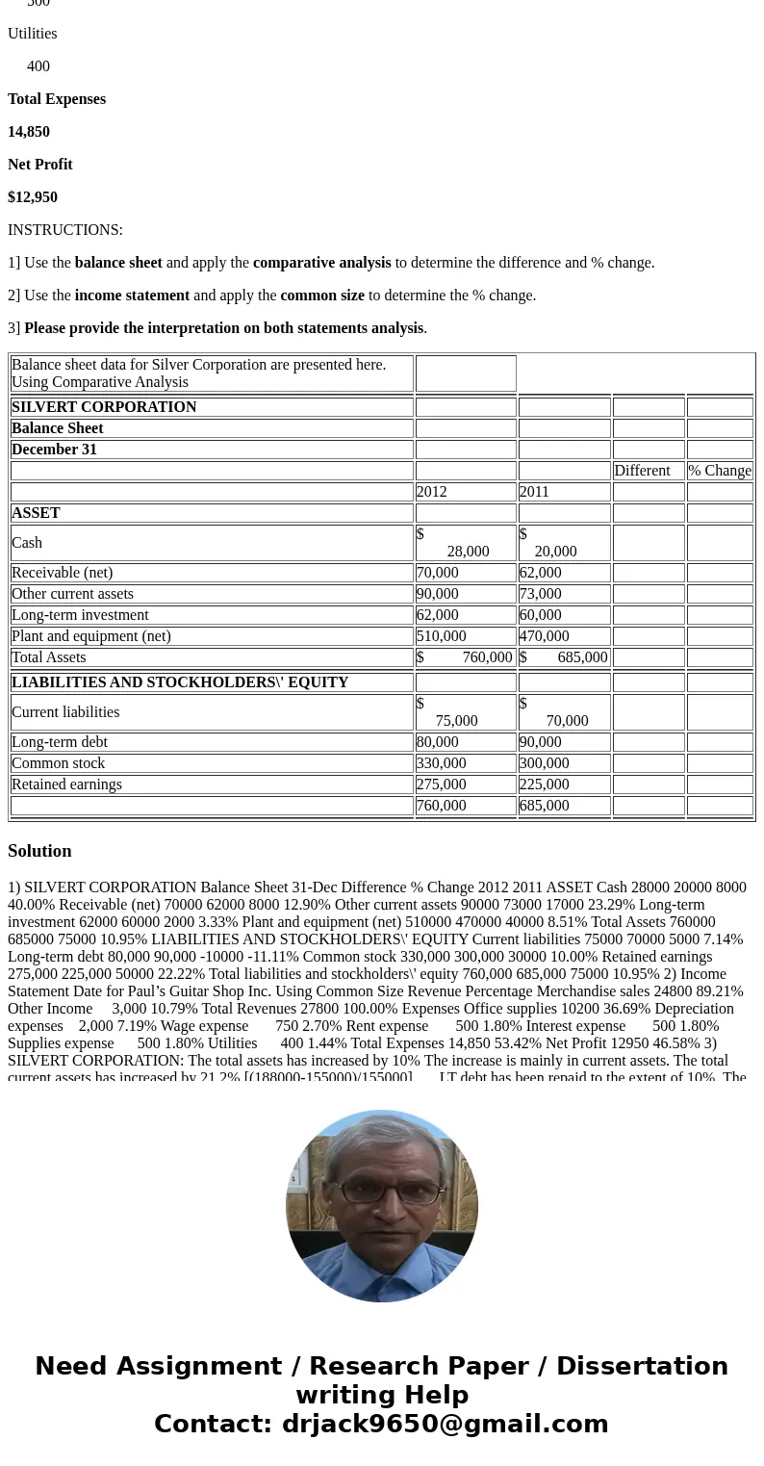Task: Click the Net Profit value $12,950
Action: click(x=33, y=197)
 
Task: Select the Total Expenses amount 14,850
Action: click(x=29, y=132)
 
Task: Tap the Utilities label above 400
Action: click(x=33, y=34)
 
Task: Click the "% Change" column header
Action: click(x=720, y=471)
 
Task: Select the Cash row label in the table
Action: click(x=27, y=543)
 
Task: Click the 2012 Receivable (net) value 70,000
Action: click(x=438, y=573)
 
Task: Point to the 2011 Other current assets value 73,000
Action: click(x=541, y=594)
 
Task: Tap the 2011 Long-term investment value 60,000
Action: click(x=541, y=615)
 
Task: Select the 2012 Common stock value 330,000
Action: click(x=442, y=763)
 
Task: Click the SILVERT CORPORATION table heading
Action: click(x=104, y=407)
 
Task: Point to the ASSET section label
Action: click(x=36, y=513)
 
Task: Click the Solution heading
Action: click(x=39, y=851)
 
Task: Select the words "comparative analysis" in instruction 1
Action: click(x=321, y=263)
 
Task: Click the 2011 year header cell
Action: click(x=534, y=492)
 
